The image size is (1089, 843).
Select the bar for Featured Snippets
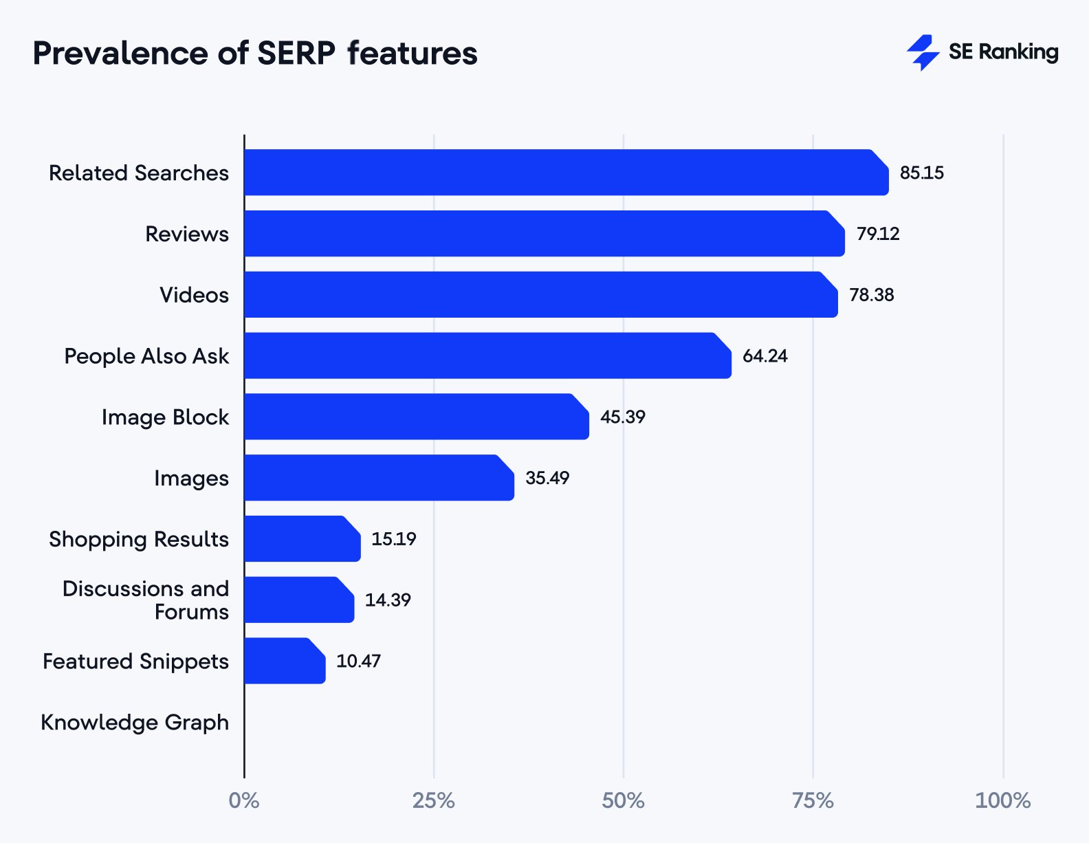point(284,661)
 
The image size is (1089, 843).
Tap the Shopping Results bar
point(302,538)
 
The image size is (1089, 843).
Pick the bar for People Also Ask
point(487,355)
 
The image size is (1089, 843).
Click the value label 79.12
point(877,234)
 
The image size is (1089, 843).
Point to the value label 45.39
point(622,417)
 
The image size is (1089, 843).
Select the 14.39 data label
point(387,600)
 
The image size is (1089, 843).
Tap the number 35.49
point(547,478)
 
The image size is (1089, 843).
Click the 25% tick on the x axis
point(433,800)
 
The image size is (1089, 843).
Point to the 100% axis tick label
point(1002,800)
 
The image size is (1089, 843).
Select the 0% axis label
point(244,800)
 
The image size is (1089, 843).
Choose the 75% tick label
point(813,800)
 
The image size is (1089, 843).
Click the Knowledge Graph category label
point(135,723)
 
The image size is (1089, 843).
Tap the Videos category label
point(194,295)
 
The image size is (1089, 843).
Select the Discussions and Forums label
point(146,600)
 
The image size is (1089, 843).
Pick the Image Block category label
point(165,417)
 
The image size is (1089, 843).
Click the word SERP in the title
point(296,54)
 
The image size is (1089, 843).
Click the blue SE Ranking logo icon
point(923,52)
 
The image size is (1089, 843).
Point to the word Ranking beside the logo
point(1018,52)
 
